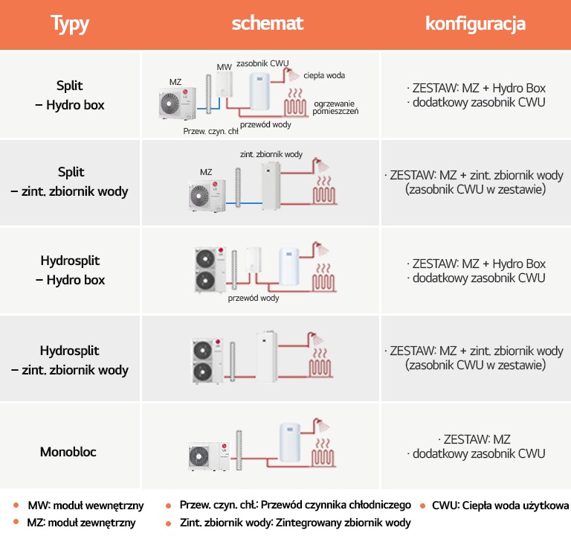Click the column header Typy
click(x=70, y=24)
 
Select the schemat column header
click(x=268, y=23)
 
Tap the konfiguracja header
click(x=475, y=24)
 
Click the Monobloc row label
click(x=68, y=452)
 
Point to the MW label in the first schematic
click(x=224, y=67)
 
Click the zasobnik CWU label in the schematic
click(x=262, y=63)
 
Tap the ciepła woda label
click(x=324, y=75)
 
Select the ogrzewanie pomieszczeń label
click(x=335, y=108)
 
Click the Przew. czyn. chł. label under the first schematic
click(x=211, y=131)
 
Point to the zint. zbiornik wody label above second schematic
click(x=271, y=154)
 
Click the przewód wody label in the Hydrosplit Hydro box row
click(x=254, y=298)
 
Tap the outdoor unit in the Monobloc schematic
click(x=210, y=456)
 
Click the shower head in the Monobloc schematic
click(x=321, y=425)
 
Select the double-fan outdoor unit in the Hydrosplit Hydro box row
click(x=210, y=269)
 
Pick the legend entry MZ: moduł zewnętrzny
click(x=81, y=523)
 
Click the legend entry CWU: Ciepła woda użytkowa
click(x=500, y=505)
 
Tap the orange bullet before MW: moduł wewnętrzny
click(x=16, y=505)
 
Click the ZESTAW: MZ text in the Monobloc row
click(x=477, y=439)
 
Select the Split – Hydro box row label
click(x=70, y=95)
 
